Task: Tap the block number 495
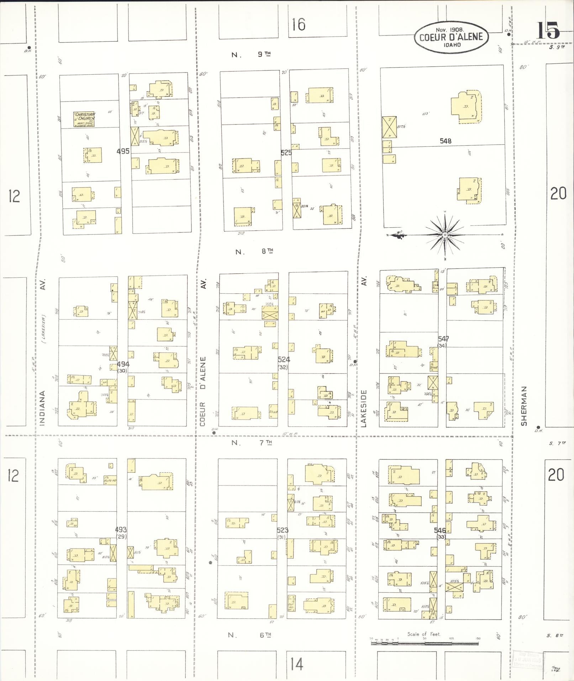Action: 123,151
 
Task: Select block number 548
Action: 445,141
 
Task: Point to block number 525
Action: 286,153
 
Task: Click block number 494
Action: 123,364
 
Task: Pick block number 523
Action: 283,530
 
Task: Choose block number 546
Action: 440,530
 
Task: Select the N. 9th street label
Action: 251,54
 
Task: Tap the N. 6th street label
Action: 249,635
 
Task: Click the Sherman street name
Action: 523,406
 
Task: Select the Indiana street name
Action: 43,408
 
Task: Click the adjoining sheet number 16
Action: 298,25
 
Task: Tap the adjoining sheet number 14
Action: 296,664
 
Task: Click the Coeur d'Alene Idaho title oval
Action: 451,37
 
